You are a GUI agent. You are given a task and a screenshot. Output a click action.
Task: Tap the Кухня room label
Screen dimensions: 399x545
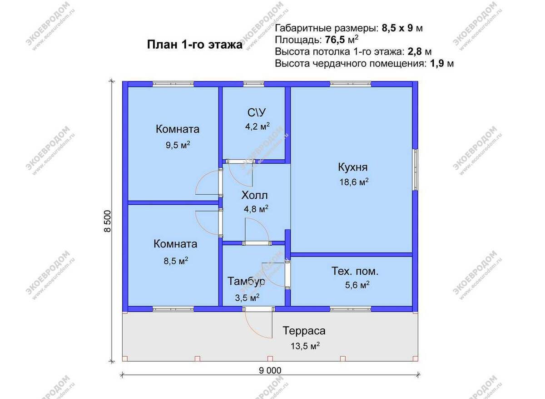[x=352, y=167]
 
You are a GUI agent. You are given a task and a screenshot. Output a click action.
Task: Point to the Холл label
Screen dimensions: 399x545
[x=254, y=196]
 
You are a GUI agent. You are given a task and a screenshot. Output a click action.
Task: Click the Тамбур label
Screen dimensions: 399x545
[x=246, y=282]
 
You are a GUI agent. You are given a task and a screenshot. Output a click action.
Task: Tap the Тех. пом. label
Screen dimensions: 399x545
[x=355, y=272]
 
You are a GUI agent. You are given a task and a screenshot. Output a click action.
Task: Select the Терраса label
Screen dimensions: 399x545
[x=304, y=331]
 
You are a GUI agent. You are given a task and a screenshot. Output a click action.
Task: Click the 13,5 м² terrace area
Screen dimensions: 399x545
[x=305, y=346]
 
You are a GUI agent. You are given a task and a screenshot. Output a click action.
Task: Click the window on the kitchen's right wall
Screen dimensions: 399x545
[x=415, y=170]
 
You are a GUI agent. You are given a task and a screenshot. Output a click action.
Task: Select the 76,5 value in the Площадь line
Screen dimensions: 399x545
[x=335, y=39]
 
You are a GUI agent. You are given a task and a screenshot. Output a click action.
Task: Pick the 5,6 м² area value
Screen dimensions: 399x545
[x=357, y=285]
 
